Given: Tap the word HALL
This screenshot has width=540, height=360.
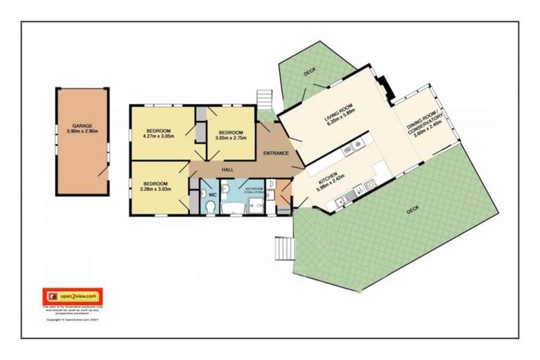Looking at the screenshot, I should (x=227, y=170).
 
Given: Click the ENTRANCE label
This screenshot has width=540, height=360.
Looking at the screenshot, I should (x=276, y=153).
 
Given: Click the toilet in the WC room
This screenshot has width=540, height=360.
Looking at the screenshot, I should (x=211, y=205).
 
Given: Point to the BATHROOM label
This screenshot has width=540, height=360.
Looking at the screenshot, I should (x=254, y=188).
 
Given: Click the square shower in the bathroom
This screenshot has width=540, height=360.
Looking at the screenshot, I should (x=255, y=205).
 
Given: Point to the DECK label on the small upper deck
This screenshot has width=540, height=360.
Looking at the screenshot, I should (x=310, y=72).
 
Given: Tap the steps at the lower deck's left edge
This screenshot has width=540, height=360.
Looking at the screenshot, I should (x=283, y=248).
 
